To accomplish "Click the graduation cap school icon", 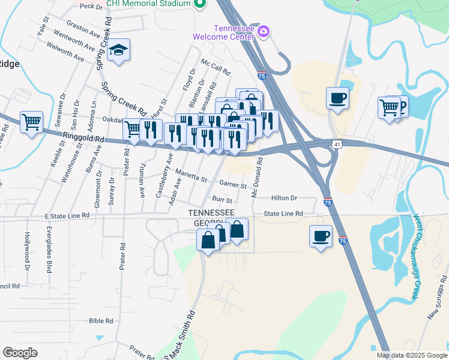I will pyautogui.click(x=119, y=51).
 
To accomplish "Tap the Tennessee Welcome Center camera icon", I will pyautogui.click(x=263, y=31).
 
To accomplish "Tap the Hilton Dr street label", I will pyautogui.click(x=284, y=197).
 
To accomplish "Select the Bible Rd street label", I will pyautogui.click(x=101, y=321).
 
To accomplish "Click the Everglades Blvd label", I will pyautogui.click(x=49, y=246).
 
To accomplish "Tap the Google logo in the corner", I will pyautogui.click(x=20, y=353).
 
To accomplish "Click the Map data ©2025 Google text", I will pyautogui.click(x=411, y=355).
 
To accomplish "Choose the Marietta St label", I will pyautogui.click(x=191, y=175).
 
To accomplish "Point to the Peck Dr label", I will pyautogui.click(x=91, y=6).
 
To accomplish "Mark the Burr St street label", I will pyautogui.click(x=222, y=199).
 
